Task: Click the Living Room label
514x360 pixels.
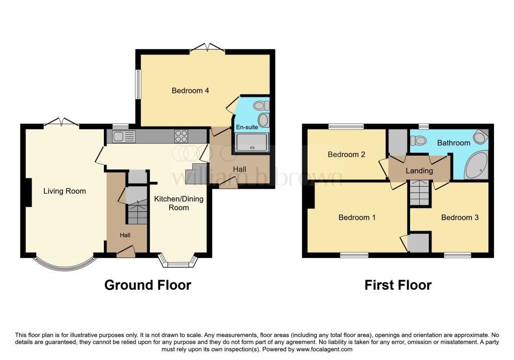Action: [x=64, y=191]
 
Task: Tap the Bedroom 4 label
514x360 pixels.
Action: [x=190, y=91]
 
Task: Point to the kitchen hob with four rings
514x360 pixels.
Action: [x=181, y=136]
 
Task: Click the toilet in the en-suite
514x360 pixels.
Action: [x=260, y=105]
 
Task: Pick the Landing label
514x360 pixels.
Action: [x=419, y=171]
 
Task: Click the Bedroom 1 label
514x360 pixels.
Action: [x=357, y=217]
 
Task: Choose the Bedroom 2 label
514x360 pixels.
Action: [x=346, y=154]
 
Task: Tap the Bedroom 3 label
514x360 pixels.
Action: [x=460, y=217]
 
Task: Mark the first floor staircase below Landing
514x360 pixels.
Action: [x=420, y=194]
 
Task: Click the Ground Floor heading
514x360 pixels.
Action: [x=148, y=285]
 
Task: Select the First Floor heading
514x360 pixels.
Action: [x=398, y=285]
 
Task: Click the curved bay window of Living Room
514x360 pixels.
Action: [x=64, y=265]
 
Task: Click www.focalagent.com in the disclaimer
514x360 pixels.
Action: [x=325, y=349]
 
